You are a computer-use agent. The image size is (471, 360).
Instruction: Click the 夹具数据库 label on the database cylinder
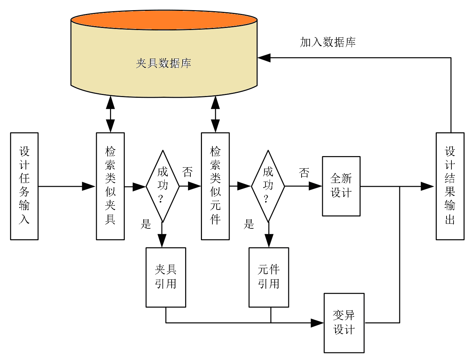(x=163, y=63)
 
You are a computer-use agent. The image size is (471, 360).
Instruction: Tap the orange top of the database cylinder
(x=164, y=20)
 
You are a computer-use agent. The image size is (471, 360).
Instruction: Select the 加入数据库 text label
(x=327, y=42)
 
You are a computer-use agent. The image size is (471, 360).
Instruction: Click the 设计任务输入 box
(x=24, y=186)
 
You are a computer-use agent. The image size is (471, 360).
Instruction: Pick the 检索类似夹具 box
(x=110, y=186)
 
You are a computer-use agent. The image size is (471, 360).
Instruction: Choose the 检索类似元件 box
(x=215, y=186)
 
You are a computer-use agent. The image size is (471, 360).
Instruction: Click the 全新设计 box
(x=341, y=186)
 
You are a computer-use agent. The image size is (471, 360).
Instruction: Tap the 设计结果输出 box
(x=450, y=186)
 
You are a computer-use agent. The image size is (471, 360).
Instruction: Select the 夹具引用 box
(x=166, y=277)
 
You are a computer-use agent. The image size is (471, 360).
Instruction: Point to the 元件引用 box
(x=269, y=277)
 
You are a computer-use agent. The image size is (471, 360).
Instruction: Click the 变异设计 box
(x=344, y=323)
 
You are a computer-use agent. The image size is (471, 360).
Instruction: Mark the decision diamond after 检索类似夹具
(x=162, y=186)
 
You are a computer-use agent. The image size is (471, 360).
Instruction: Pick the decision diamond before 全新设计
(x=268, y=186)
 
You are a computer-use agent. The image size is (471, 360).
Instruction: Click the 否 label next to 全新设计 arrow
(x=304, y=172)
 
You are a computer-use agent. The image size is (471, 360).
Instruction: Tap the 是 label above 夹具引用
(x=146, y=224)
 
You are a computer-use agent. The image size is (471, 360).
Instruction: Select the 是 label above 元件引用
(x=249, y=224)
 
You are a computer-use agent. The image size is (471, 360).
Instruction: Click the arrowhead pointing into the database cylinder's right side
(x=264, y=58)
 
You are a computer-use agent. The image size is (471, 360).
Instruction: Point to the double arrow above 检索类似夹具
(x=110, y=114)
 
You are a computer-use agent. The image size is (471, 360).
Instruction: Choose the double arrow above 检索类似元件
(x=215, y=114)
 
